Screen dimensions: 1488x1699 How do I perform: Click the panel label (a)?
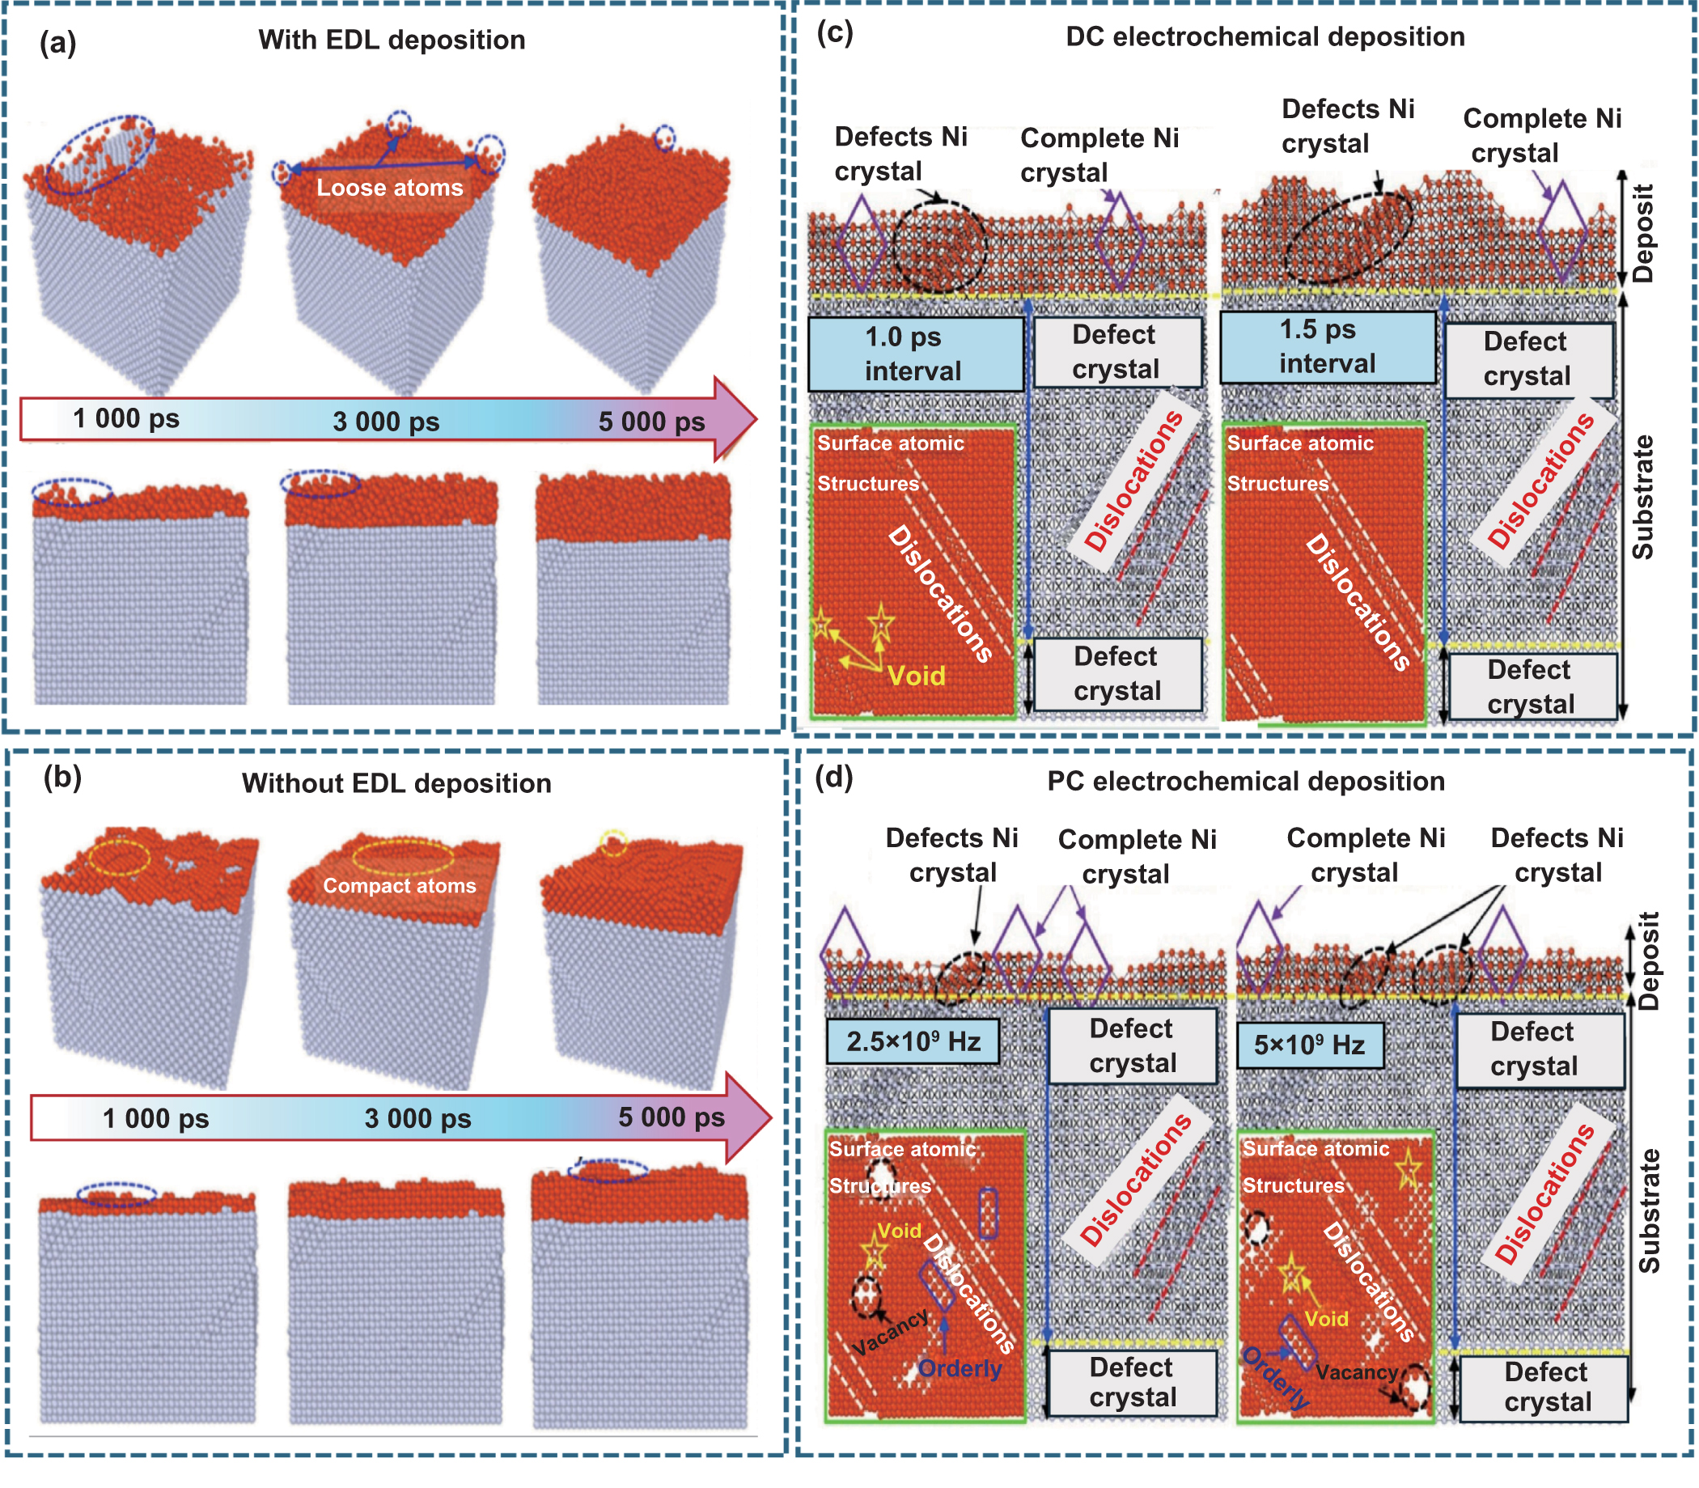(x=57, y=42)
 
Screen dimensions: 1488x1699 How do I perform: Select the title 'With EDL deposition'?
(x=391, y=40)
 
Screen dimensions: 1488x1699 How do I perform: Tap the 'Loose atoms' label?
(x=389, y=188)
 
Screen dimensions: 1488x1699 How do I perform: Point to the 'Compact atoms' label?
(x=400, y=886)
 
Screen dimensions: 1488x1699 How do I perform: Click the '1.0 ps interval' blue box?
(x=915, y=354)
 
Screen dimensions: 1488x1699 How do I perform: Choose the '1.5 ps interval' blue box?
(x=1327, y=347)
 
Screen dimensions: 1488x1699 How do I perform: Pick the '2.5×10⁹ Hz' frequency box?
(x=913, y=1041)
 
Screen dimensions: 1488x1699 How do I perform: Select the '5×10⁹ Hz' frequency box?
(x=1310, y=1045)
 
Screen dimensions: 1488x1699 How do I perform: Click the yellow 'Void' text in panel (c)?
(x=917, y=676)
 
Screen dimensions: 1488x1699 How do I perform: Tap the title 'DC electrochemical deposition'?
(x=1265, y=37)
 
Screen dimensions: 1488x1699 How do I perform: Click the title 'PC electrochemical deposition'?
(x=1246, y=782)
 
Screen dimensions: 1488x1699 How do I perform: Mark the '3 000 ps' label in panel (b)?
(x=417, y=1118)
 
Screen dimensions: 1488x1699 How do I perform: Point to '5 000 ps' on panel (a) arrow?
(x=652, y=422)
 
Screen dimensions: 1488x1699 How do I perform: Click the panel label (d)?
(x=833, y=778)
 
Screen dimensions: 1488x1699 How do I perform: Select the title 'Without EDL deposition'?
(x=396, y=784)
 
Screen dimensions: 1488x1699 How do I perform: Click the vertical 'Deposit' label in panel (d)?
(x=1647, y=960)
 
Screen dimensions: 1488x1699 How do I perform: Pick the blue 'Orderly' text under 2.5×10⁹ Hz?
(x=960, y=1368)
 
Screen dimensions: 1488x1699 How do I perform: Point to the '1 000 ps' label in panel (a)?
(x=126, y=418)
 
